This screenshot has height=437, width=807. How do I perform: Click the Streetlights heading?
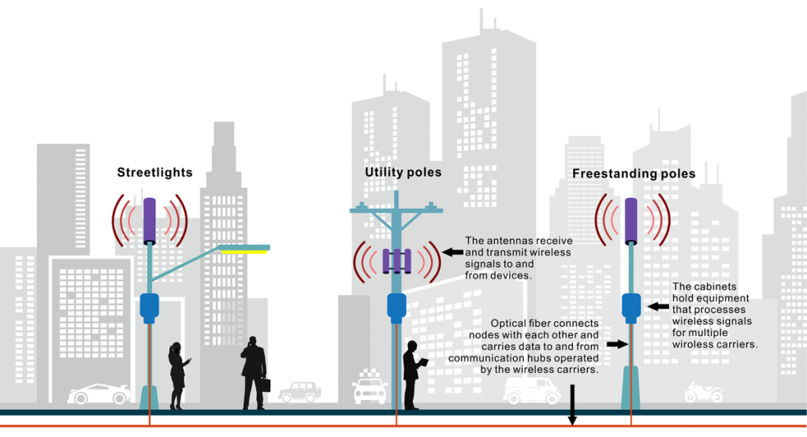tap(154, 173)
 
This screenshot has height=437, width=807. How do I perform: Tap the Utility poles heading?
tap(403, 173)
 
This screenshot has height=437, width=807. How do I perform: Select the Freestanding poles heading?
tap(634, 174)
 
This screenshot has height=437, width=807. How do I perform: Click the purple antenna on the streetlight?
tap(149, 221)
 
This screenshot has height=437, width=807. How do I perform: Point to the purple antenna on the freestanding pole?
tap(631, 221)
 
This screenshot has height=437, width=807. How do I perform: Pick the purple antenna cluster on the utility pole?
tap(396, 261)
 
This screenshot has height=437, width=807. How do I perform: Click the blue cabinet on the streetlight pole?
tap(149, 308)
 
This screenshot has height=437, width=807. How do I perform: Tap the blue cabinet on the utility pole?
tap(396, 308)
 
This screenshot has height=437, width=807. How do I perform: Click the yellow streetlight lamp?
tap(244, 252)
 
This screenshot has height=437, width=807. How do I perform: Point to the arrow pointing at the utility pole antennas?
tap(452, 252)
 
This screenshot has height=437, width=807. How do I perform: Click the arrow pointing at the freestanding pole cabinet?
tap(658, 307)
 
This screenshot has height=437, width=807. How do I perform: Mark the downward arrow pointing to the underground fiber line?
tap(572, 405)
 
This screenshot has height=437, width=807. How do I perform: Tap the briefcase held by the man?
tap(266, 385)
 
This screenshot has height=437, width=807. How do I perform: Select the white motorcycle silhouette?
tap(704, 393)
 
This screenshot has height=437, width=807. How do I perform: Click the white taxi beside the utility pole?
tap(370, 387)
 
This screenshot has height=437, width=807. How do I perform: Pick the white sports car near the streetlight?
tap(99, 394)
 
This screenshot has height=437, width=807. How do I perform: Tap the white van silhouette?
tap(532, 391)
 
